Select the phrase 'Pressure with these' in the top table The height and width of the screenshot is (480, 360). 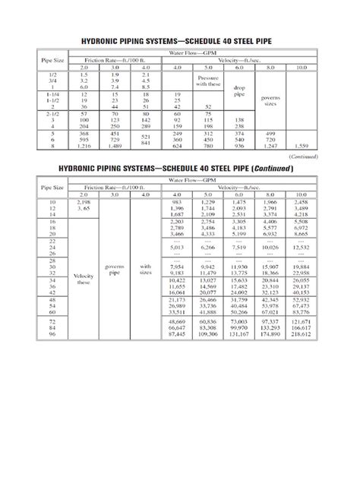[x=208, y=81]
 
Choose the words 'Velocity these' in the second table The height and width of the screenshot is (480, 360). [x=84, y=279]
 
